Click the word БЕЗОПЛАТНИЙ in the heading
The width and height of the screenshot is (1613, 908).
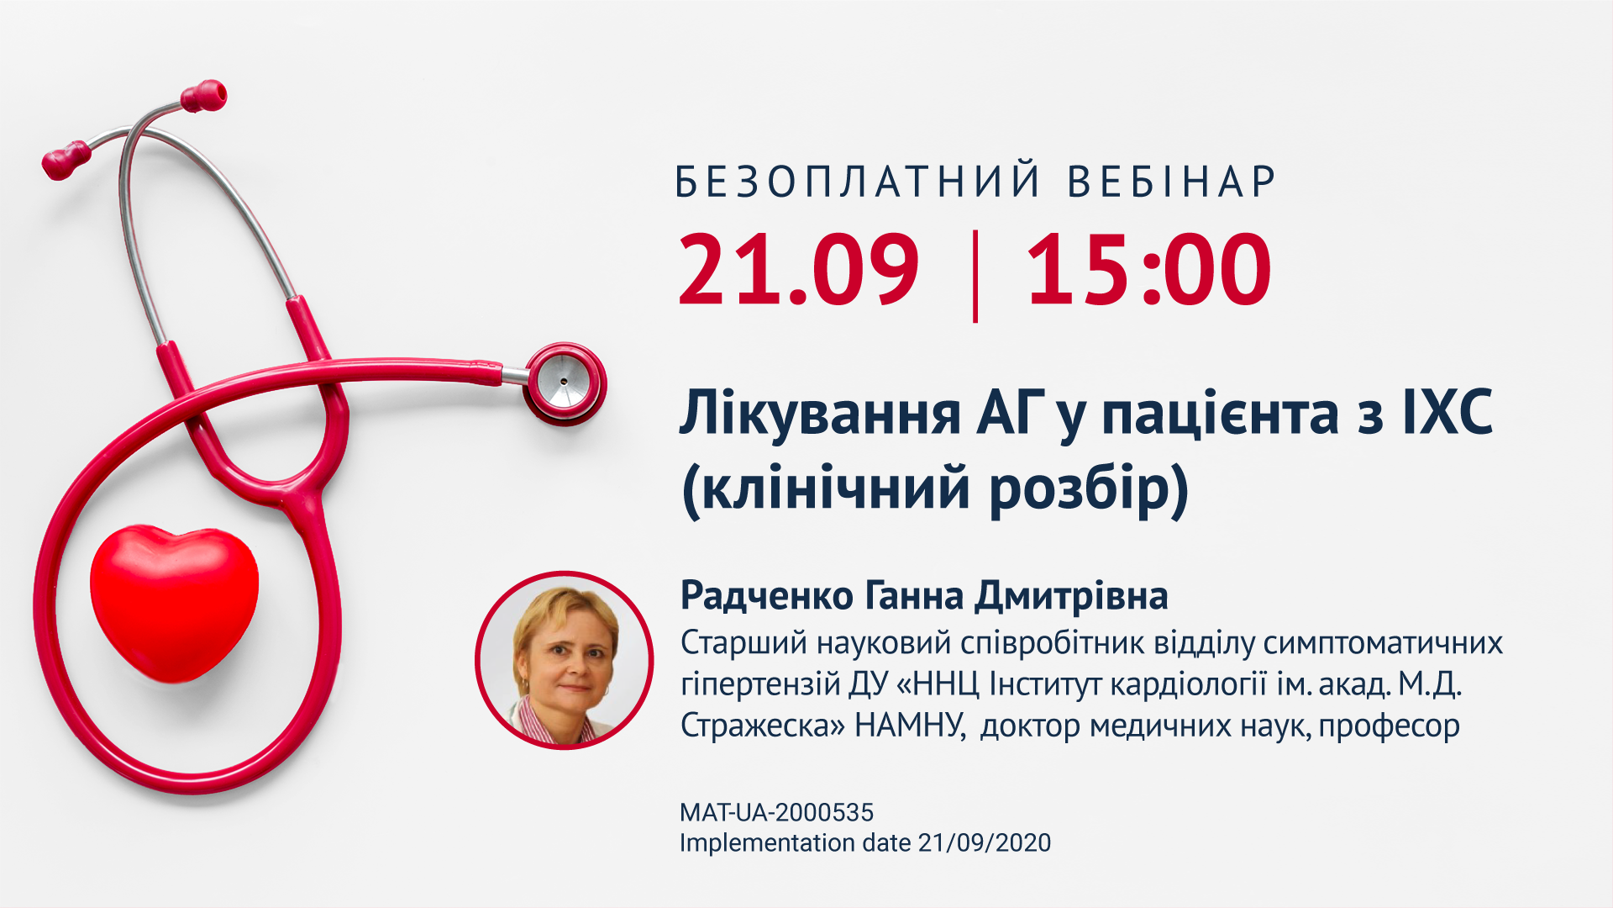(858, 182)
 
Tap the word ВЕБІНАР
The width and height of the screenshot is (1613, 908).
(1172, 182)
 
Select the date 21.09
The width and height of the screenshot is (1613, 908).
(799, 269)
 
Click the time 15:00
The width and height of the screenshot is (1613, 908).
(1148, 269)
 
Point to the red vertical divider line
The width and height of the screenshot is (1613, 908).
(975, 276)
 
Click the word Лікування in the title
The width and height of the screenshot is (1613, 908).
(820, 414)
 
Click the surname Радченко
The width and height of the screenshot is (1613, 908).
(767, 596)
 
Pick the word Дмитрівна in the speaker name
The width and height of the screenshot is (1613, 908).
(1071, 596)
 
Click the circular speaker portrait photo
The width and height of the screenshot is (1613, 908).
(565, 660)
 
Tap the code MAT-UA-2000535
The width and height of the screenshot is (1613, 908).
(776, 813)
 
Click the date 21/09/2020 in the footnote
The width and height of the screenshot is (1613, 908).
(984, 843)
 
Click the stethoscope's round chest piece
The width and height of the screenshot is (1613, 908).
(565, 383)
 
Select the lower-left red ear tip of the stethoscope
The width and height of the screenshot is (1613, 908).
(66, 160)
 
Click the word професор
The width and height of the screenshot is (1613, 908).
(1389, 726)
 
